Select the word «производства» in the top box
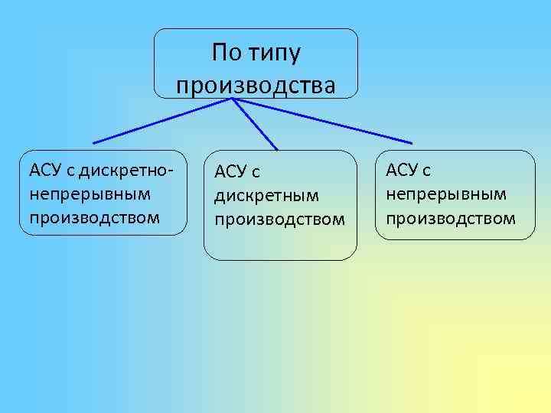pyautogui.click(x=256, y=84)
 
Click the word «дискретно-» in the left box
pyautogui.click(x=123, y=168)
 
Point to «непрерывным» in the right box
pyautogui.click(x=446, y=193)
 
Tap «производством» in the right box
pyautogui.click(x=451, y=218)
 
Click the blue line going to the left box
pyautogui.click(x=162, y=120)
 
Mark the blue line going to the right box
pyautogui.click(x=321, y=120)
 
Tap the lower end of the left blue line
pyautogui.click(x=93, y=143)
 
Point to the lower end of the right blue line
pyautogui.click(x=412, y=143)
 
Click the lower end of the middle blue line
pyautogui.click(x=277, y=149)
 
